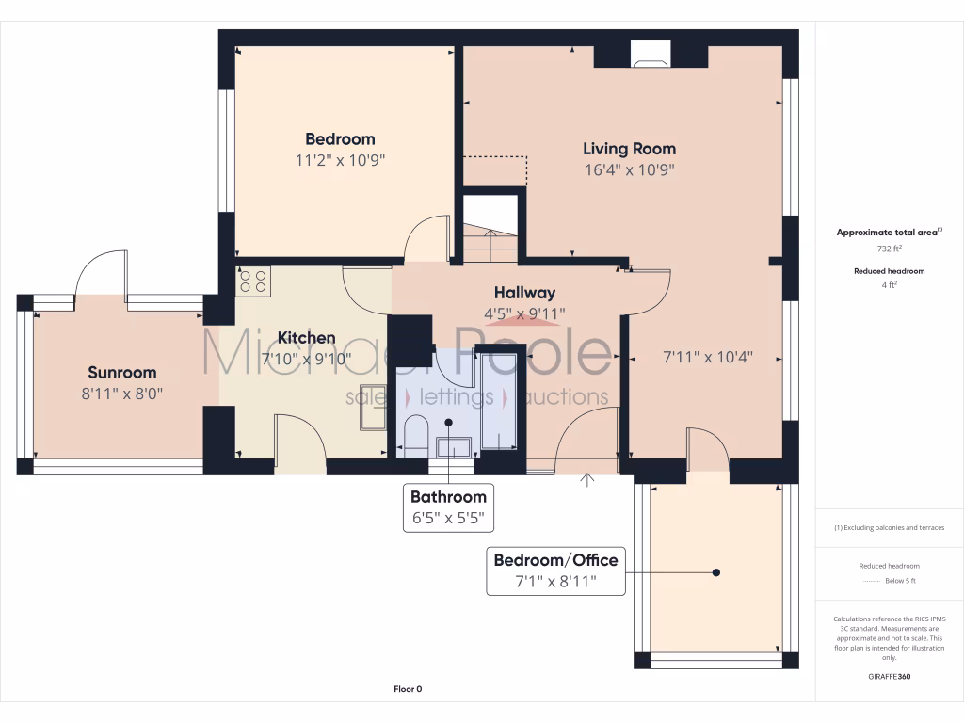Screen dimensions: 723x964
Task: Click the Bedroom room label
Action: coord(340,139)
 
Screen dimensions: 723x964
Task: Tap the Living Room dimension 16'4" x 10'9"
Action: coord(629,170)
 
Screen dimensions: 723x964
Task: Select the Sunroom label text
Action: coord(122,372)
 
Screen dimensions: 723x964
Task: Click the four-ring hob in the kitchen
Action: coord(253,281)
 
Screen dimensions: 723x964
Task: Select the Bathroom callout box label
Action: coord(448,497)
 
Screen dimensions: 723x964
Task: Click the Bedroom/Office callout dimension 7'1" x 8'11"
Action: coord(555,581)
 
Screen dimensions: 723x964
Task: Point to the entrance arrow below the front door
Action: coord(588,481)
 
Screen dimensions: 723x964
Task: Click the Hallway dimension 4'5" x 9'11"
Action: coord(524,313)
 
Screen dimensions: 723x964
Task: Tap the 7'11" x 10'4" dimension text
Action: coord(708,358)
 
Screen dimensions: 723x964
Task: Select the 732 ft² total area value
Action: coord(889,249)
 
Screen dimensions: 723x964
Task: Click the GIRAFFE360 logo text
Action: coord(889,677)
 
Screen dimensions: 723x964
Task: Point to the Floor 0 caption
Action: coord(408,689)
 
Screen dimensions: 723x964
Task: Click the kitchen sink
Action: coord(372,418)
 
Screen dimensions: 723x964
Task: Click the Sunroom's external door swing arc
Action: coord(99,268)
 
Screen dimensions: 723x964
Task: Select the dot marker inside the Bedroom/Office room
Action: coord(716,572)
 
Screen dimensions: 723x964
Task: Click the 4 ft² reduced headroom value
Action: coord(889,285)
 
